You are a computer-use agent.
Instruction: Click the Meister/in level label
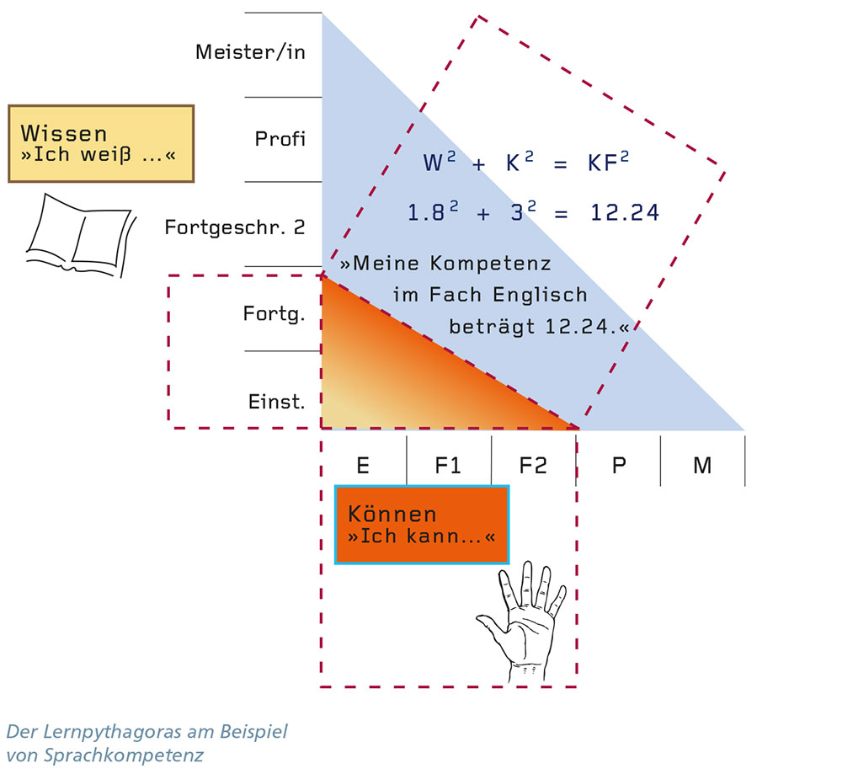coord(250,52)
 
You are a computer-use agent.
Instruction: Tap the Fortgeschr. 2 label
coord(235,227)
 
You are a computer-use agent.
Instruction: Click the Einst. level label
coord(275,402)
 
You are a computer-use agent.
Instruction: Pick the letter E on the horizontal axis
coord(363,465)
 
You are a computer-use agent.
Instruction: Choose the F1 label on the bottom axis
coord(448,465)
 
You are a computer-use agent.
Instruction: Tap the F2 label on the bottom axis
coord(533,465)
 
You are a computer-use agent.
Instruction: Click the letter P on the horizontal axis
coord(619,465)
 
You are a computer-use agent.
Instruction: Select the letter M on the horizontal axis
coord(702,465)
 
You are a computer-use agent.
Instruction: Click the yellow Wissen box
coord(101,143)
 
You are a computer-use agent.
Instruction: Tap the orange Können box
coord(422,524)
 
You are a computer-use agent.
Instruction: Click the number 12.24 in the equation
coord(624,214)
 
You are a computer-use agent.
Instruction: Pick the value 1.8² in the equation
coord(431,214)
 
